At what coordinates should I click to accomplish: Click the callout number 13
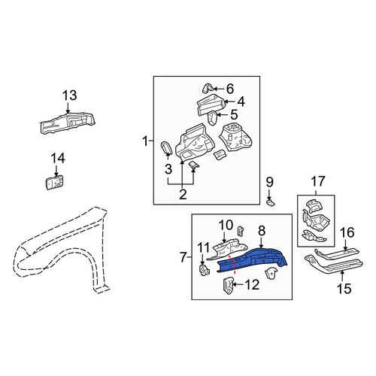[70, 96]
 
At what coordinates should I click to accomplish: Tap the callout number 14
[58, 159]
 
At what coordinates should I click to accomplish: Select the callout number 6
[230, 89]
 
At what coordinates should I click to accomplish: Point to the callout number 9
[269, 182]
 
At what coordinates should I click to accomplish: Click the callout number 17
[318, 181]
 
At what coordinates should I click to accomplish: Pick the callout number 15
[344, 289]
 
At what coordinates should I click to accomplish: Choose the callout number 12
[252, 285]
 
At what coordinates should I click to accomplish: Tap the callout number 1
[145, 141]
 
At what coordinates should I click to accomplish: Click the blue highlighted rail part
[253, 261]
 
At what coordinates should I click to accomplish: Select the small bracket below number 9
[271, 202]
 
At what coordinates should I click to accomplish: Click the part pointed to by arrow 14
[55, 182]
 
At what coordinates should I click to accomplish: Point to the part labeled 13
[68, 123]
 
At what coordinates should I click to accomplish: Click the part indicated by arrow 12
[228, 286]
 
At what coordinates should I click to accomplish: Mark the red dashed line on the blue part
[232, 265]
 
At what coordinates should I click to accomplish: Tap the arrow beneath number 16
[346, 243]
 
